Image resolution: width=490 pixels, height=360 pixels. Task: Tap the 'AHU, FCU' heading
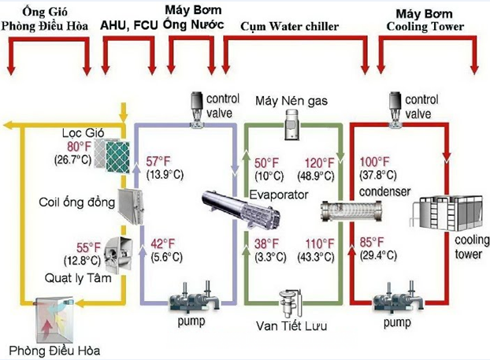[x=127, y=25]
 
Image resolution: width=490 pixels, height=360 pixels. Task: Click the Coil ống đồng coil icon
[x=126, y=203]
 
